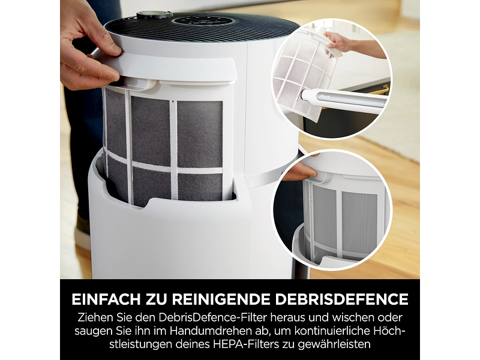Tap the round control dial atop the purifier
click(146, 15)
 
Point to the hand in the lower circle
click(299, 171)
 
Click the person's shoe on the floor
click(83, 233)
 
